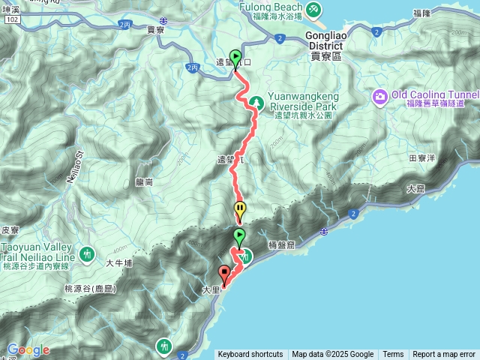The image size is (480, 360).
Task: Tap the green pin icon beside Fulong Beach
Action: pyautogui.click(x=314, y=10)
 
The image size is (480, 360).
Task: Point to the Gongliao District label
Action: pyautogui.click(x=325, y=40)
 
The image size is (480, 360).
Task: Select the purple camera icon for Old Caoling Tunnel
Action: pyautogui.click(x=380, y=95)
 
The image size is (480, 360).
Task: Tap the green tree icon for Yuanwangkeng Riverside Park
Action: pyautogui.click(x=255, y=101)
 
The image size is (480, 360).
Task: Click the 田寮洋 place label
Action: pyautogui.click(x=423, y=158)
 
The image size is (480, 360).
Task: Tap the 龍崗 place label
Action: pyautogui.click(x=144, y=181)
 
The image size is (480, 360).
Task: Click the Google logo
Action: pyautogui.click(x=28, y=350)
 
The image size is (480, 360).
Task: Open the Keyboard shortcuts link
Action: pyautogui.click(x=250, y=355)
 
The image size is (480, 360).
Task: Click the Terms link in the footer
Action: pyautogui.click(x=393, y=355)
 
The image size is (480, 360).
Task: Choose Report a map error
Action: pyautogui.click(x=444, y=355)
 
